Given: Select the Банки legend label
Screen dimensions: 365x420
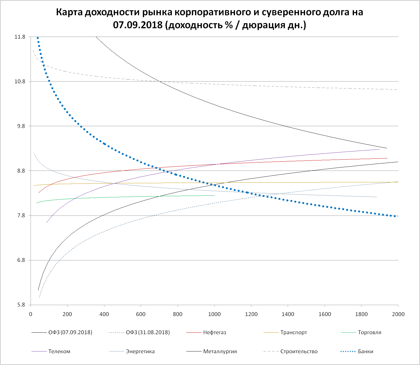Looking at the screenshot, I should (365, 351).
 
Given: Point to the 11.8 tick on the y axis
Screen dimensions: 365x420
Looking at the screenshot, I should (20, 37).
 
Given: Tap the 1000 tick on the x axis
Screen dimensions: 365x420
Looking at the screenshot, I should (214, 314).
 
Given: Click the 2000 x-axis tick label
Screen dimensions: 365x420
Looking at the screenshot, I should (398, 314).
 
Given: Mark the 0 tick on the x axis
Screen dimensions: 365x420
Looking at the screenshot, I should (31, 314).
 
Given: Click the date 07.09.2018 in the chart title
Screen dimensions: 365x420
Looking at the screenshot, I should (137, 25).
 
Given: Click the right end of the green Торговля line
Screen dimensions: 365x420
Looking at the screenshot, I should (214, 195).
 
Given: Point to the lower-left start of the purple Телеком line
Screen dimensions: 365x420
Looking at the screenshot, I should (46, 223).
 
